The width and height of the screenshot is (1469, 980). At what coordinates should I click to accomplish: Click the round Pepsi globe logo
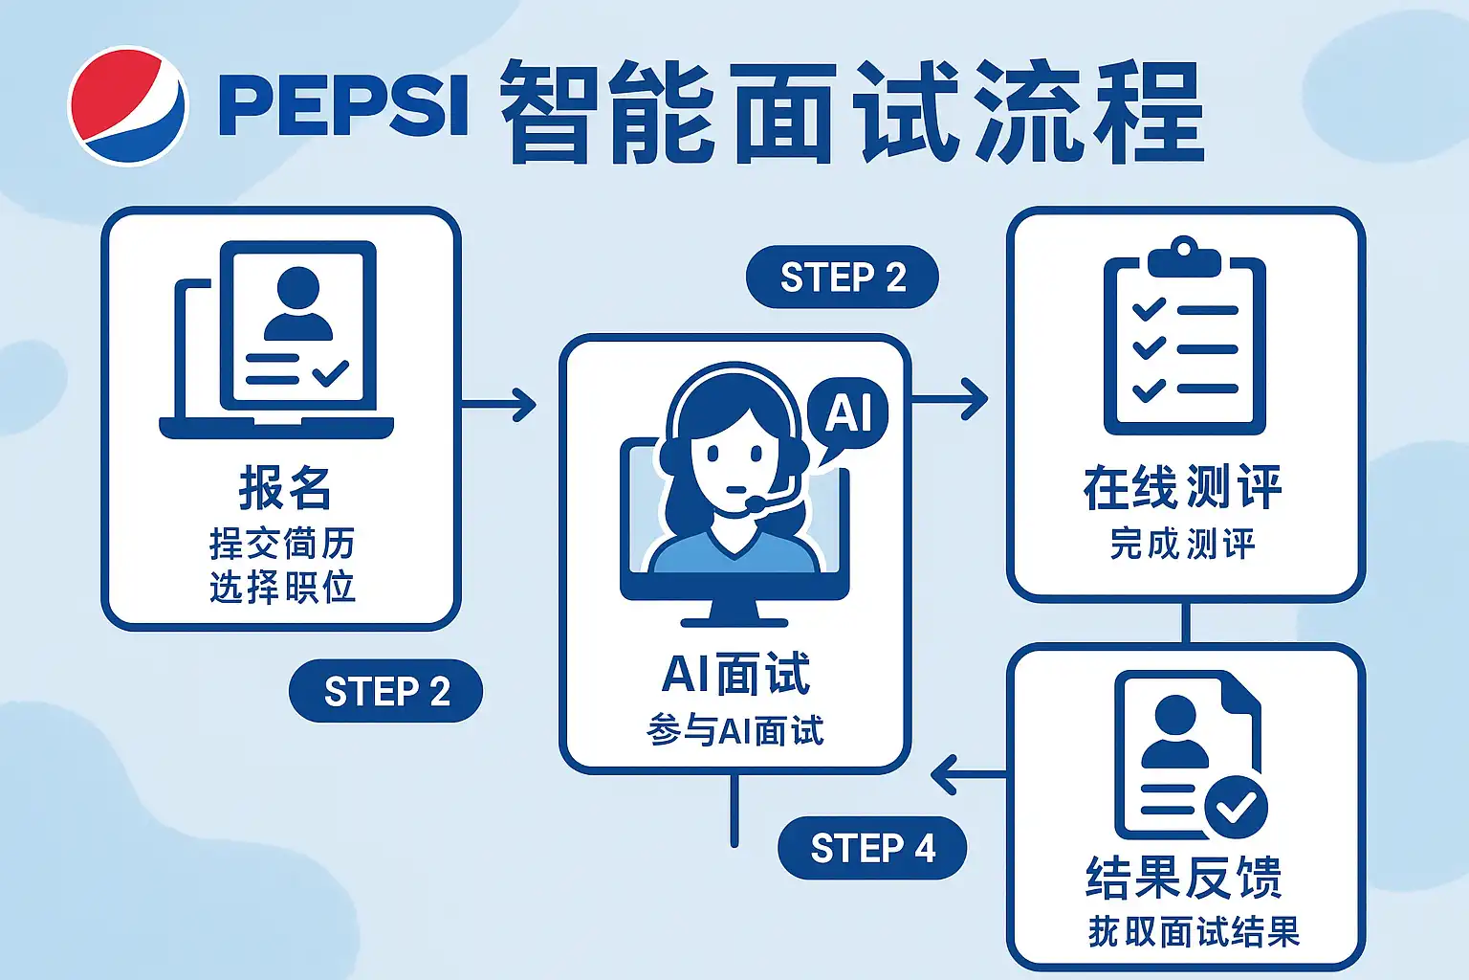tap(128, 105)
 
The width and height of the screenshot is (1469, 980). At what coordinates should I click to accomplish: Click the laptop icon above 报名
tap(276, 340)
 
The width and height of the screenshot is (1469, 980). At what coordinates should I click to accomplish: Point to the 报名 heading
tap(284, 488)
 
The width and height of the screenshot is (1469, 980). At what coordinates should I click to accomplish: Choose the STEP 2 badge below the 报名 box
tap(385, 691)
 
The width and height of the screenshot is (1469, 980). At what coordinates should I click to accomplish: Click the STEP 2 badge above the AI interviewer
tap(842, 278)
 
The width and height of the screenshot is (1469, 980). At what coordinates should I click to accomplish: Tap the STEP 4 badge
tap(872, 848)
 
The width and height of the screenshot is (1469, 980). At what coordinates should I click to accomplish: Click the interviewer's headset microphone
tap(756, 502)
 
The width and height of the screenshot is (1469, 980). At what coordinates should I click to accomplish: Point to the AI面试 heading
tap(735, 674)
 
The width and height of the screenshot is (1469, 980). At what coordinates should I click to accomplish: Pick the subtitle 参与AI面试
tap(734, 731)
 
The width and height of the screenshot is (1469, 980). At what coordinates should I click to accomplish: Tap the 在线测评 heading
tap(1183, 487)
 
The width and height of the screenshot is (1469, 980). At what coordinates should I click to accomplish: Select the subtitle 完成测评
tap(1183, 544)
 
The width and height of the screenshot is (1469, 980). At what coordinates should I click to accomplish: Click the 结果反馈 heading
tap(1184, 877)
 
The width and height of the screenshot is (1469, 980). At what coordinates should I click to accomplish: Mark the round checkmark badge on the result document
tap(1236, 806)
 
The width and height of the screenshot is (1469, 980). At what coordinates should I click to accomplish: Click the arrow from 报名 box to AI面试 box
tap(499, 404)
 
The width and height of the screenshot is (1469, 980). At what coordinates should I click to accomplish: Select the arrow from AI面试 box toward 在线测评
tap(950, 398)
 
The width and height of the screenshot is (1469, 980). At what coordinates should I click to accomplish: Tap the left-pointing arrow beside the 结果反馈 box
tap(966, 774)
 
